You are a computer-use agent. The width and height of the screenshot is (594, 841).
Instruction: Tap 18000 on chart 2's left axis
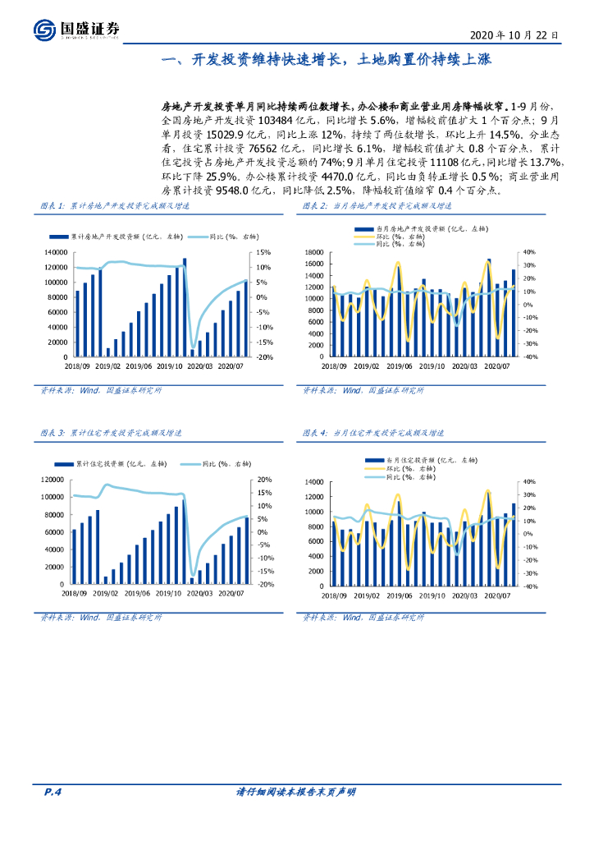[316, 252]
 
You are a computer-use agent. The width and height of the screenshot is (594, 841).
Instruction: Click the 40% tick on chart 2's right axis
[529, 252]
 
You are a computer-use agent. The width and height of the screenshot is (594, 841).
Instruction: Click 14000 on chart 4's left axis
[316, 481]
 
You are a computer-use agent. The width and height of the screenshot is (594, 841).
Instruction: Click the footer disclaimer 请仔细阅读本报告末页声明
[295, 792]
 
